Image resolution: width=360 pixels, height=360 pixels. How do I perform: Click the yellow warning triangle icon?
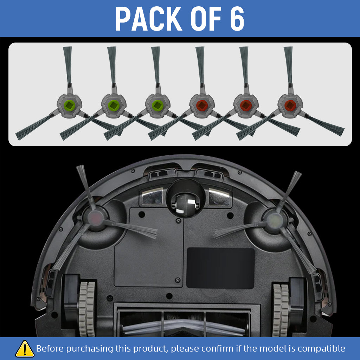25,348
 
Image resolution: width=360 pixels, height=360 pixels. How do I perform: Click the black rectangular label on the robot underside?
220,268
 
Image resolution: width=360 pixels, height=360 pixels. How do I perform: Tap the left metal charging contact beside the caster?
152,196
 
